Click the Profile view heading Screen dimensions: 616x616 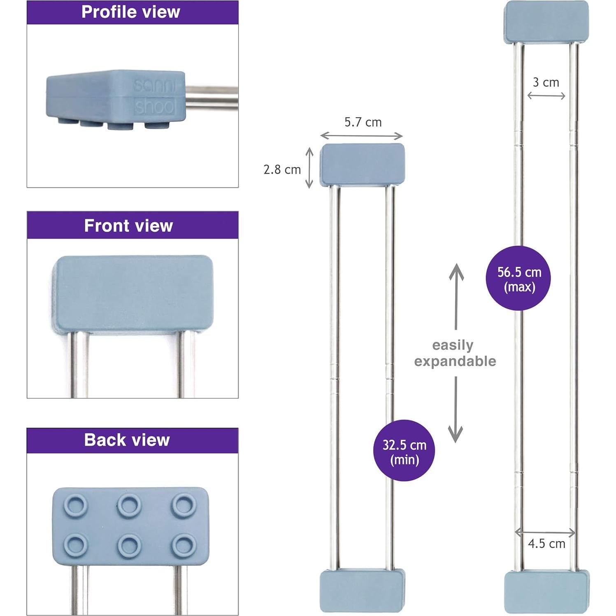(131, 12)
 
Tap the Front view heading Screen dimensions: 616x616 (128, 225)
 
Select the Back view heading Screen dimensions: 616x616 (127, 440)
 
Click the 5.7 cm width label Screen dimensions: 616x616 (363, 122)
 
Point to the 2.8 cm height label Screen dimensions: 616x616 (282, 170)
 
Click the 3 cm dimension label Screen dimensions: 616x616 (546, 82)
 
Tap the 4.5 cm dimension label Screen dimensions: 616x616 (546, 544)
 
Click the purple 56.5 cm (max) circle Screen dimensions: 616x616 (518, 279)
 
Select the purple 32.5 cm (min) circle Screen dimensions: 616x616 (404, 451)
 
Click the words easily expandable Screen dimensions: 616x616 (454, 353)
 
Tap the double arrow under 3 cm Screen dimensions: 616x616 (546, 96)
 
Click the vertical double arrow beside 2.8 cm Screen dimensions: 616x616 (309, 168)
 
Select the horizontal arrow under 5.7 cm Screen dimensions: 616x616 (361, 135)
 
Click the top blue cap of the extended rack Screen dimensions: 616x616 (546, 22)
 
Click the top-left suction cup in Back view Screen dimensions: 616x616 (76, 504)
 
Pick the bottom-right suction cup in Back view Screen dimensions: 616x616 (183, 545)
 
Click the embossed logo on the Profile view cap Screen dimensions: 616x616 (155, 97)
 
